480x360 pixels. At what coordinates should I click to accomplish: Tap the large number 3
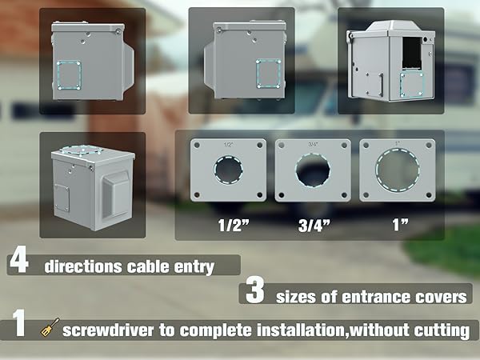click(x=254, y=293)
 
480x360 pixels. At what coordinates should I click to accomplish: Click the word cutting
click(x=441, y=330)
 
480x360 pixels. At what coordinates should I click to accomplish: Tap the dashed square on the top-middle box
click(x=268, y=73)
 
